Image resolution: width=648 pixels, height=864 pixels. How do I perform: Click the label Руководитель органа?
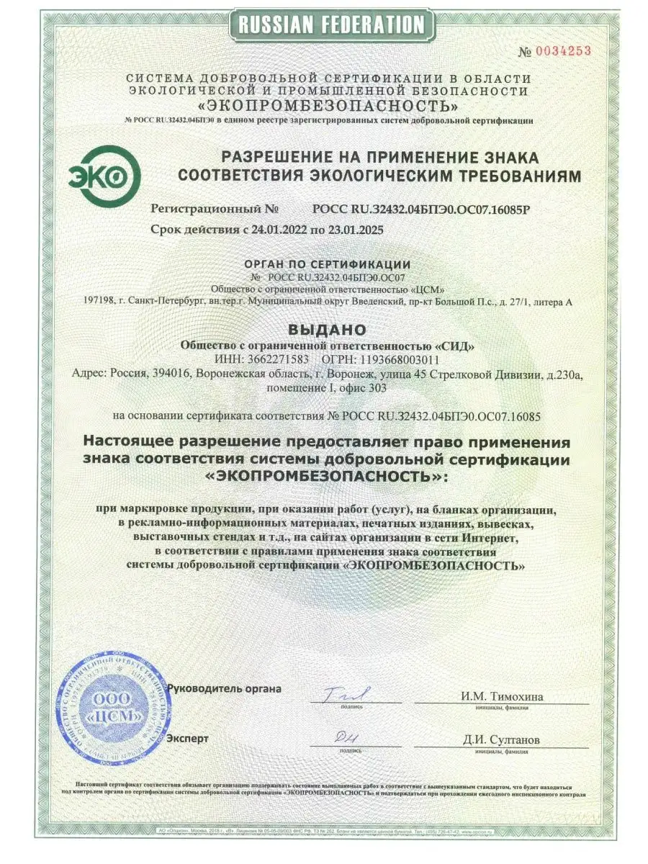224,688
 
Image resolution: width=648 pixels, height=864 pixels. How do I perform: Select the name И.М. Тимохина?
503,696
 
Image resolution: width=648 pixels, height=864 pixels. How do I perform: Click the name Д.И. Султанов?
502,739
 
